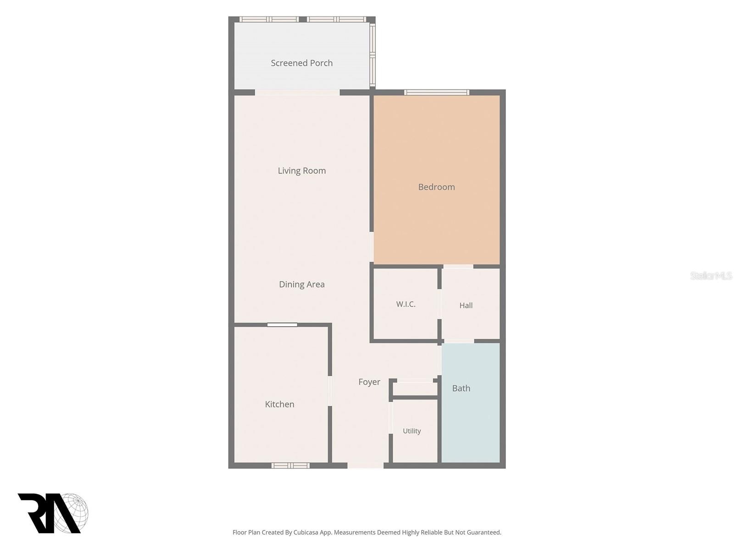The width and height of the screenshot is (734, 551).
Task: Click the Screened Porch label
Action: (301, 63)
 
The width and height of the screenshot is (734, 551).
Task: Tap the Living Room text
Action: (301, 171)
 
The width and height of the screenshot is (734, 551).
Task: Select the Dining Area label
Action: (301, 284)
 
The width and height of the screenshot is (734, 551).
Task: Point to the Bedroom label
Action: (436, 187)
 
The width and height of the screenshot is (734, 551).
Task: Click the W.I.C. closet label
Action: (406, 304)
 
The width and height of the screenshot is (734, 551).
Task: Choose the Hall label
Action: (466, 305)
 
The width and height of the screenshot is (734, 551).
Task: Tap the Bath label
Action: (461, 388)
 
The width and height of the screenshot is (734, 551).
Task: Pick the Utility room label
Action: (411, 431)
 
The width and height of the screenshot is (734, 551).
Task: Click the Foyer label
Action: (369, 382)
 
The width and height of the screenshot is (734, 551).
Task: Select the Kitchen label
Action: (279, 405)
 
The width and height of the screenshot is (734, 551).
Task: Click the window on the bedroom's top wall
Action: (436, 92)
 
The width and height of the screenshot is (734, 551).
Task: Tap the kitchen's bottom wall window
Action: (290, 465)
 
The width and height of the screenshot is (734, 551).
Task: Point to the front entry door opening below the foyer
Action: (365, 465)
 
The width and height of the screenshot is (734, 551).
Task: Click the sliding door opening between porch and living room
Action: (297, 92)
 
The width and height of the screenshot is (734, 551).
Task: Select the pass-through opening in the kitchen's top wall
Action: (282, 325)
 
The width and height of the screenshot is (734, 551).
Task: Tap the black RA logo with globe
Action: (53, 513)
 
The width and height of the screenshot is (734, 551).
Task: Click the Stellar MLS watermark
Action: (711, 276)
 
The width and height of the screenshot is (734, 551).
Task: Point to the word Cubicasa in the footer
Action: (306, 532)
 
